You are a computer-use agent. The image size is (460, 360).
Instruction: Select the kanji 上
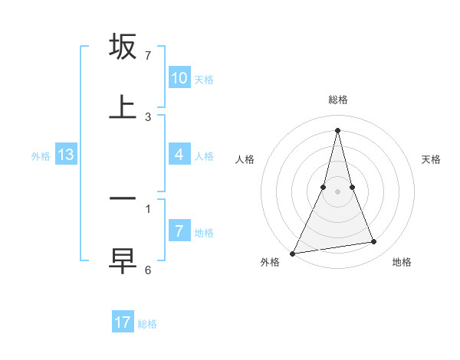tap(123, 107)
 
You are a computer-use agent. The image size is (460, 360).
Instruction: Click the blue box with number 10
tap(179, 78)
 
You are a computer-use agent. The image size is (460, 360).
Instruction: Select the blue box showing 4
tap(179, 155)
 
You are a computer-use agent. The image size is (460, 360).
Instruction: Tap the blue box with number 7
tap(179, 231)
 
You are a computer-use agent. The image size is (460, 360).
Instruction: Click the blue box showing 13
tap(65, 155)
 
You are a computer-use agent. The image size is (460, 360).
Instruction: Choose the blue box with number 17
tap(123, 322)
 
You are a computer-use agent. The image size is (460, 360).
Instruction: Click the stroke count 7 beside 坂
tap(148, 56)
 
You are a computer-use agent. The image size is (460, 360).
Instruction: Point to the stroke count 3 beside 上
tap(148, 117)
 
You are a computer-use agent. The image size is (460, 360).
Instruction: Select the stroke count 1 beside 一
tap(148, 208)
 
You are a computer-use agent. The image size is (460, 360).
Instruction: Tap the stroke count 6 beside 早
tap(148, 270)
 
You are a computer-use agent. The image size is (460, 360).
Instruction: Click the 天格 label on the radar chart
tap(431, 159)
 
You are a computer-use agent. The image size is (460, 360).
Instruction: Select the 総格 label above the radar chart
tap(337, 100)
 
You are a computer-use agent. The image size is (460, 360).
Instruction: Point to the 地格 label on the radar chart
tap(402, 262)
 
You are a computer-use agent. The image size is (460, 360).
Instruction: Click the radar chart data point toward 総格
tap(337, 130)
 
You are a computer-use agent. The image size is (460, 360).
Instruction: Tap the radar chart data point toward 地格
tap(373, 242)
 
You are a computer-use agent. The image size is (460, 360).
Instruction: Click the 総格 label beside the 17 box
tap(147, 324)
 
